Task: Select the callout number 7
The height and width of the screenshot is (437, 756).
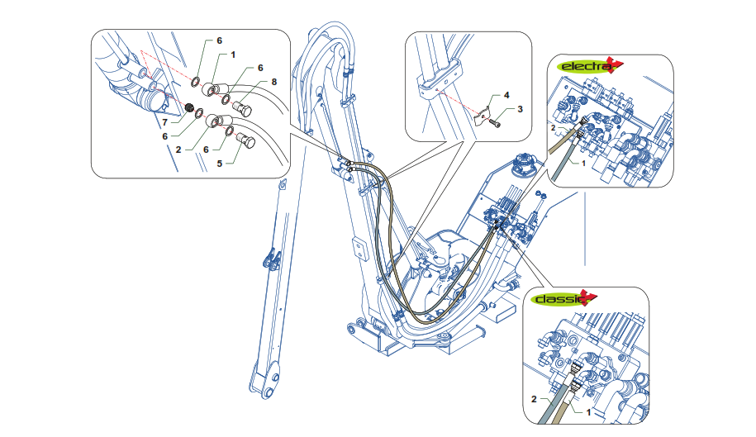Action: [x=164, y=121]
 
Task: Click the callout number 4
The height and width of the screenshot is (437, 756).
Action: [x=507, y=97]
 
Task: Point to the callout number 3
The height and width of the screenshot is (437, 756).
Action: [x=520, y=109]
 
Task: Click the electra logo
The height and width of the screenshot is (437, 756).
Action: [x=589, y=65]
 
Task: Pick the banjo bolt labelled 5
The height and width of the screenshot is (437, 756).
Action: [x=247, y=141]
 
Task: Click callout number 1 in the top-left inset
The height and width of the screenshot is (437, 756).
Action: [x=234, y=55]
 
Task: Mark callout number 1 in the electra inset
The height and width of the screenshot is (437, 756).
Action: [x=583, y=164]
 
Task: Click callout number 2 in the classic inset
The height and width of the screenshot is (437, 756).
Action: [x=534, y=398]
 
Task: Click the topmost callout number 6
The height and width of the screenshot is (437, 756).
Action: [x=219, y=40]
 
